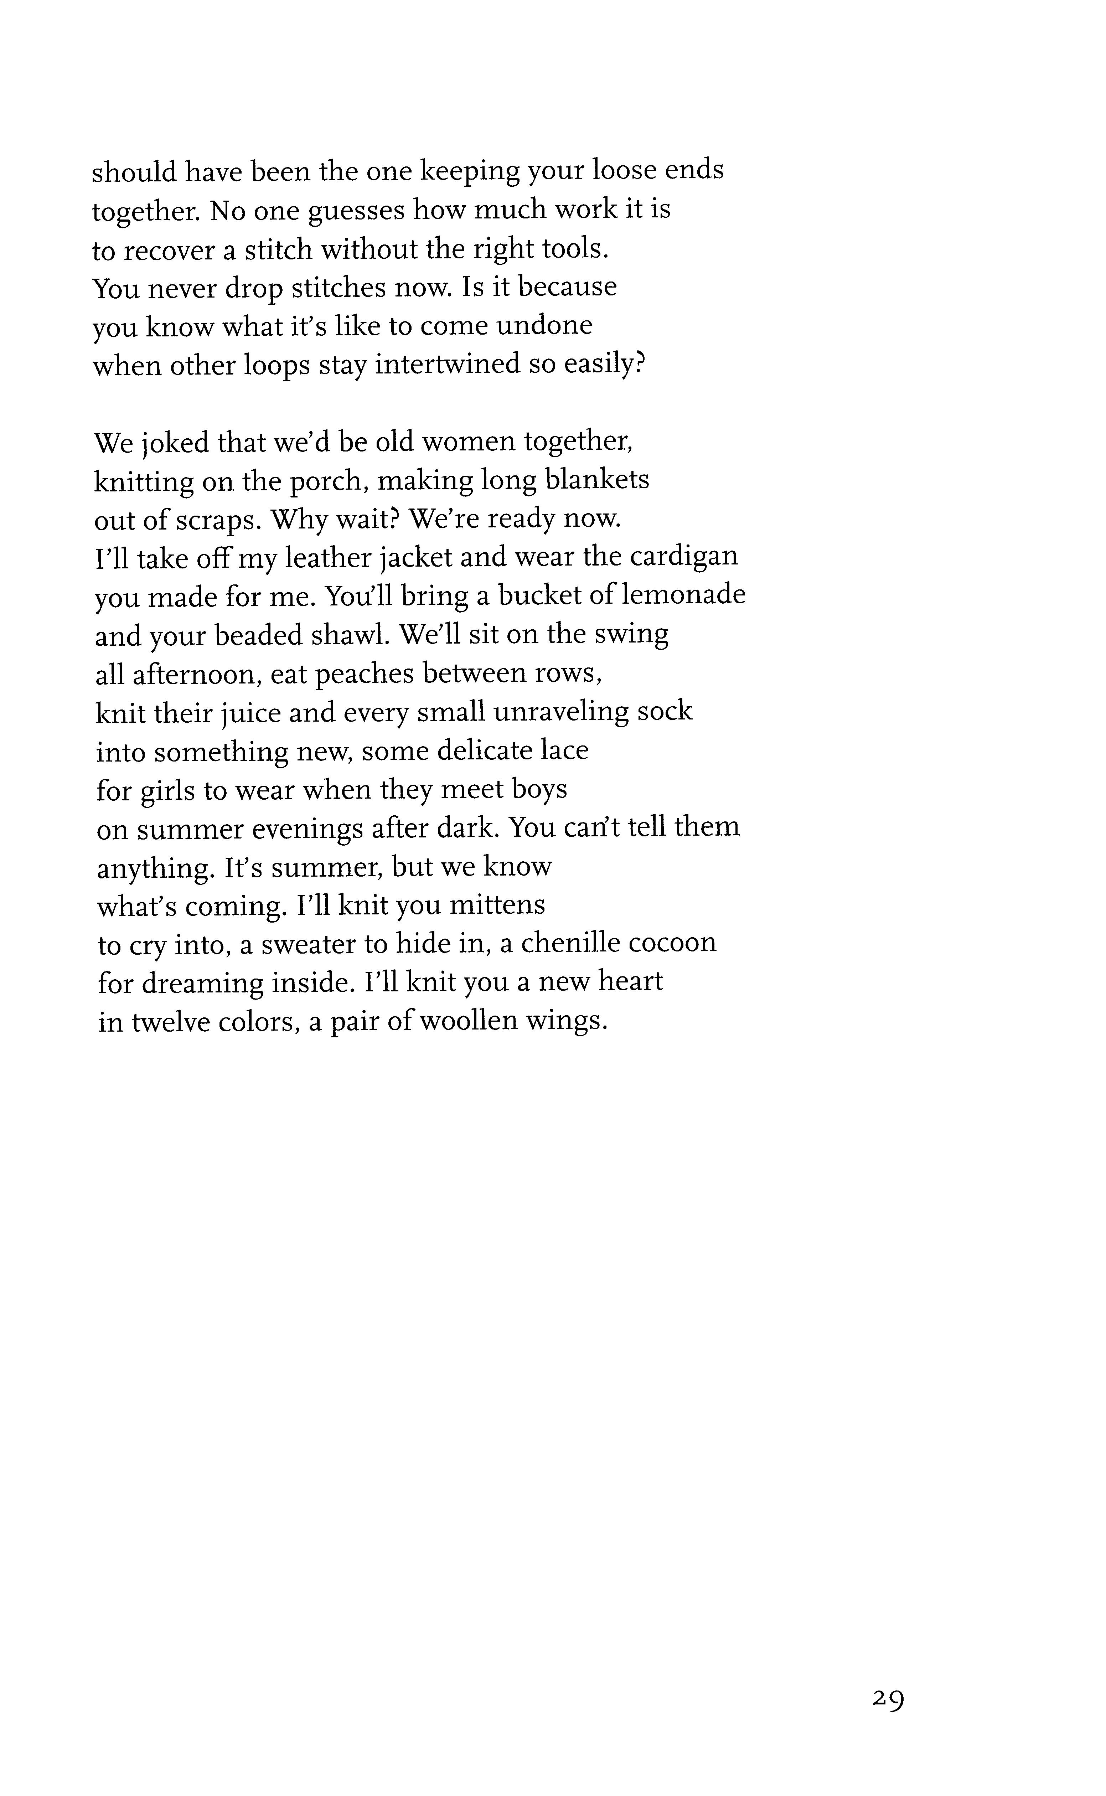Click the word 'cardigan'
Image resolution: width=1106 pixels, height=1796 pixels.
pos(684,557)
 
